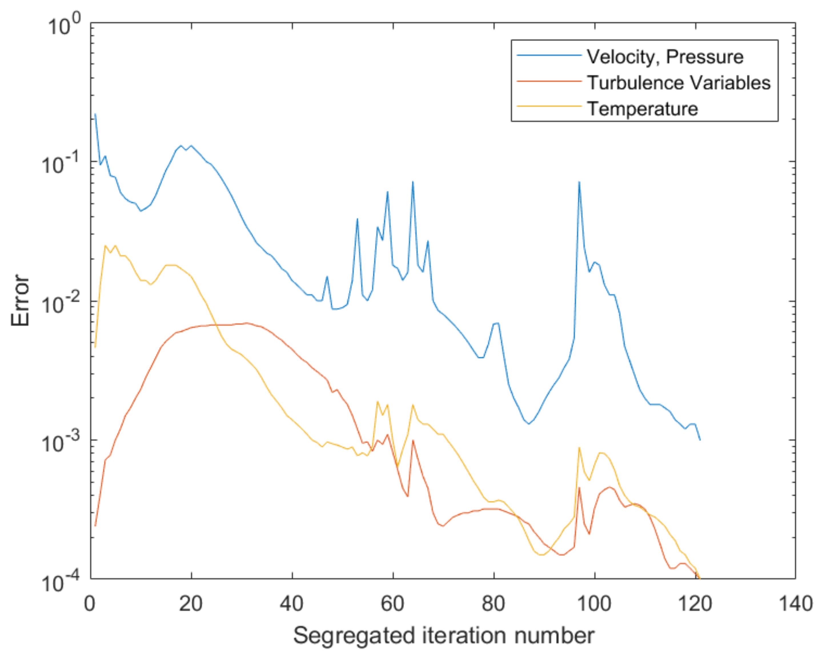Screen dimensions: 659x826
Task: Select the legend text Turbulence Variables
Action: coord(679,83)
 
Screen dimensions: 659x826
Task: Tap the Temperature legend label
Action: coord(642,109)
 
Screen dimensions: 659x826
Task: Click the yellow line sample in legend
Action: coord(549,106)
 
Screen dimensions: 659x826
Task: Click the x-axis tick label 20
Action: coord(191,604)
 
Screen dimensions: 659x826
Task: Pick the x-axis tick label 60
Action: coord(393,604)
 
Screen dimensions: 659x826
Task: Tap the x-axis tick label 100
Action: coord(594,604)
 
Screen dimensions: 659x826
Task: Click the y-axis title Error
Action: coord(20,301)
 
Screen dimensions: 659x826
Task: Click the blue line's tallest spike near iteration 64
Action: coord(413,182)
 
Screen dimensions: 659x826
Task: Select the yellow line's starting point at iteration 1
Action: coord(95,347)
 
